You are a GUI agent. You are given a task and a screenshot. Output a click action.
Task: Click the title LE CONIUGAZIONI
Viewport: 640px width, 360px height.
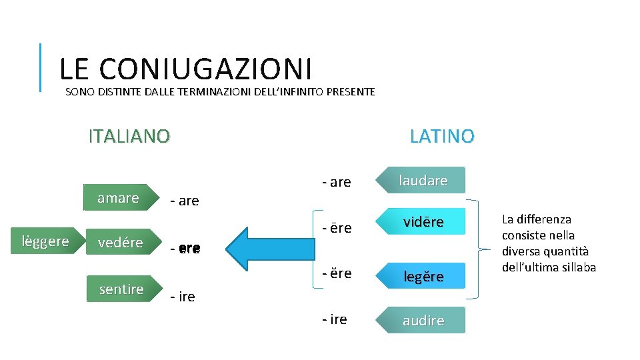coord(185,69)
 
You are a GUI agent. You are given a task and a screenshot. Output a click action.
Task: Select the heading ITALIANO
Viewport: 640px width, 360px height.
coord(129,136)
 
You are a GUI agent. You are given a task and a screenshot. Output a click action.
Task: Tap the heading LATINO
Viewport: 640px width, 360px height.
coord(442,136)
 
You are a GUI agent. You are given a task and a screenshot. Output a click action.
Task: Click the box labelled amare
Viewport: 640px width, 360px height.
coord(118,197)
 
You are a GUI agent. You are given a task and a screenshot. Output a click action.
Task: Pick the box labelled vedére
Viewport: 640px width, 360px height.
coord(120,243)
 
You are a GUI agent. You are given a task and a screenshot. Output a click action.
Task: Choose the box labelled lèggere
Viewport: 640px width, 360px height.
coord(45,241)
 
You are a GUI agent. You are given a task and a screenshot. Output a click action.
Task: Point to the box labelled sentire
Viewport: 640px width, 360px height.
coord(121,289)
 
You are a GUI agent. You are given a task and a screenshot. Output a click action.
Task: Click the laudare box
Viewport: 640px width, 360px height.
coord(423,181)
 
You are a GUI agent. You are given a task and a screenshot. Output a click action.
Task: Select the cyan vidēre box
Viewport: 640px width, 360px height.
coord(423,222)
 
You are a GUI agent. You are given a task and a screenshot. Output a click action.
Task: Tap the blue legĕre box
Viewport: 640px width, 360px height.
coord(423,277)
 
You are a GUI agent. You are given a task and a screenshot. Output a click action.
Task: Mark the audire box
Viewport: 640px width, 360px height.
coord(423,320)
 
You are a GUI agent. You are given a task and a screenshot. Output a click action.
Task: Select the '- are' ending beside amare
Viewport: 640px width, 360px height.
coord(185,201)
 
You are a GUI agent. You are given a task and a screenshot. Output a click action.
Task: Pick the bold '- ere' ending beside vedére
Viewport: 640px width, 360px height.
coord(185,249)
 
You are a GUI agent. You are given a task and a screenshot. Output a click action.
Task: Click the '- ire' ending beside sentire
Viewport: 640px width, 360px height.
coord(183,297)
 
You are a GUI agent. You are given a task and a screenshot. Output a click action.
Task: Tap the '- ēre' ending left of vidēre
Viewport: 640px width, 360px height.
coord(336,228)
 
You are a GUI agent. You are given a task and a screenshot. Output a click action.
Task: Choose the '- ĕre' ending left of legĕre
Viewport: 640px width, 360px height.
coord(336,273)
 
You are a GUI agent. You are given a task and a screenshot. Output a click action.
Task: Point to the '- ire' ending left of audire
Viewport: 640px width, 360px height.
coord(334,319)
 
